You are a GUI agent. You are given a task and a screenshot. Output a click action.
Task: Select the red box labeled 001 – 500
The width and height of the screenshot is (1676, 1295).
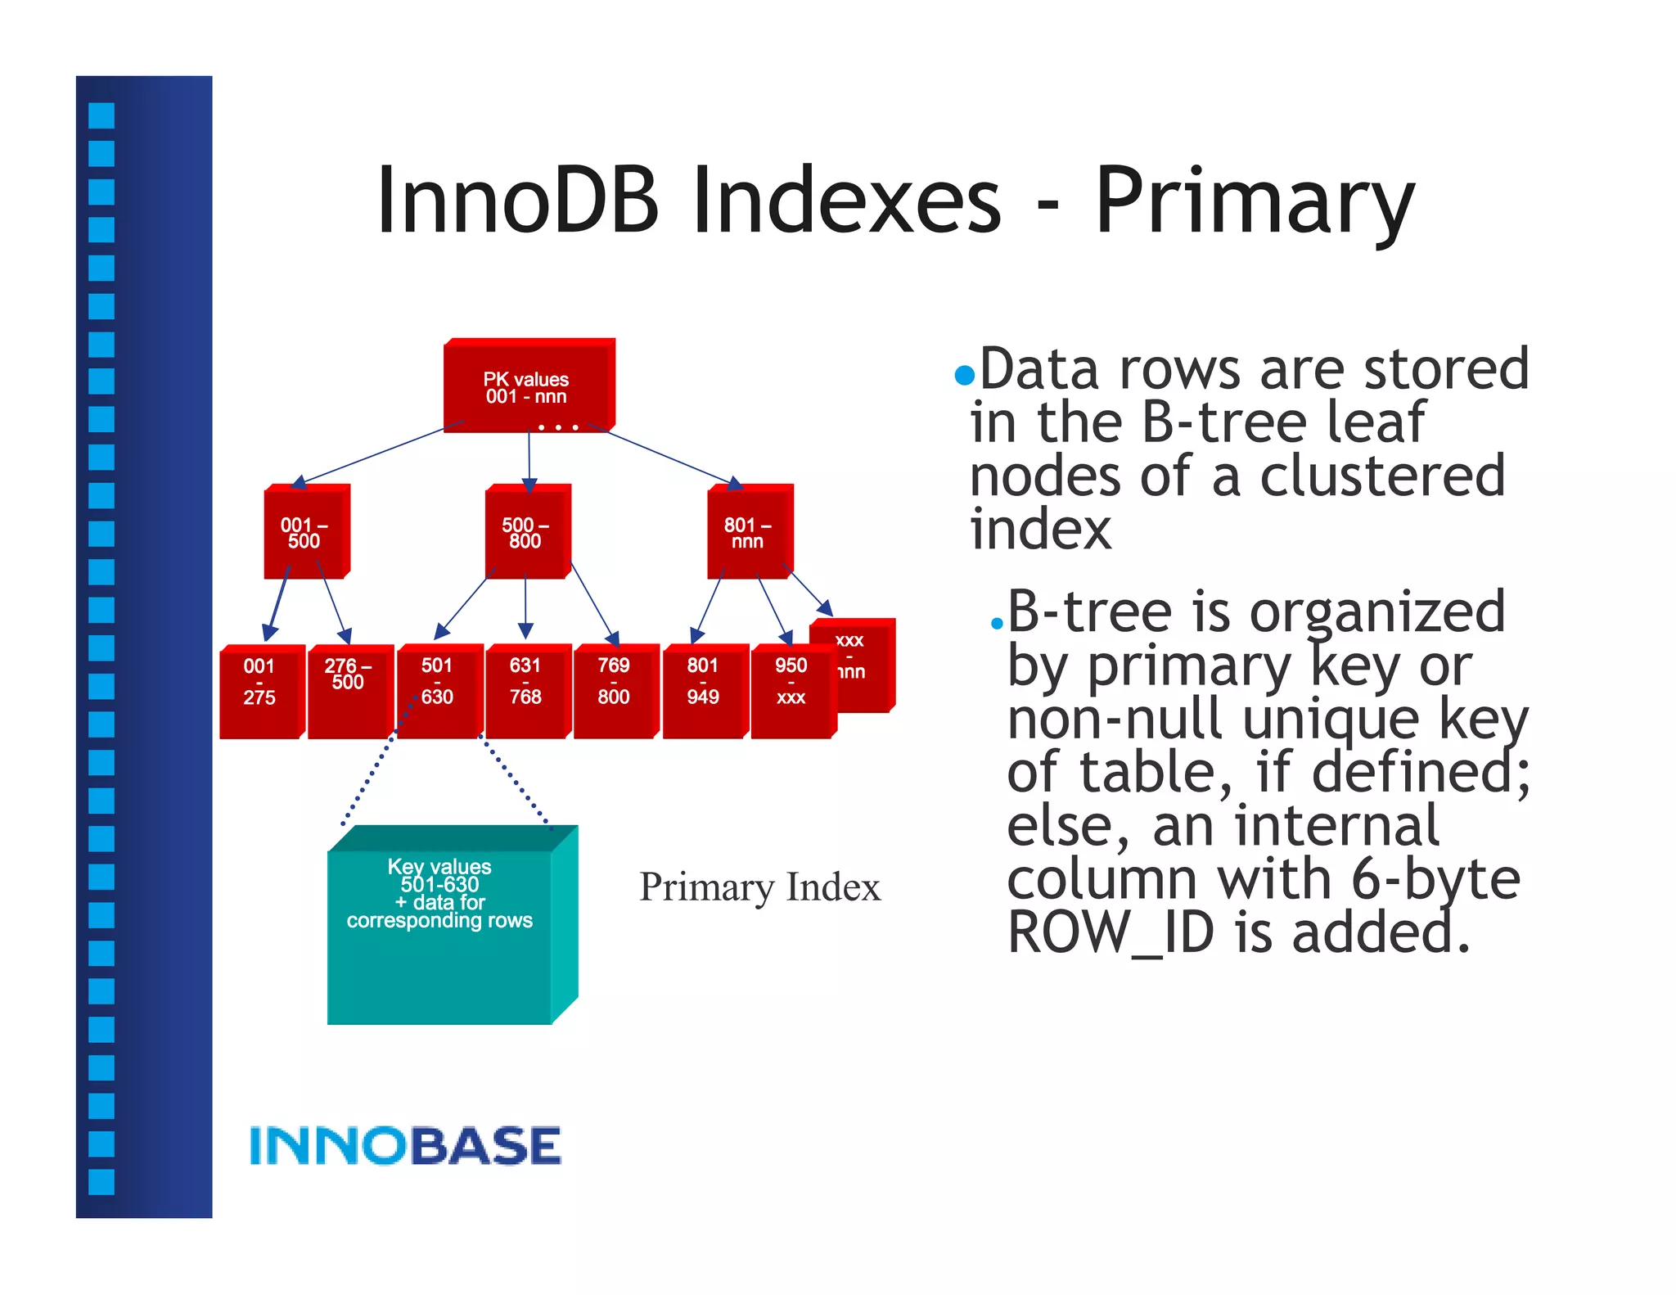coord(304,533)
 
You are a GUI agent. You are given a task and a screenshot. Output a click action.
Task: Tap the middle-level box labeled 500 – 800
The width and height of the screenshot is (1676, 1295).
coord(526,533)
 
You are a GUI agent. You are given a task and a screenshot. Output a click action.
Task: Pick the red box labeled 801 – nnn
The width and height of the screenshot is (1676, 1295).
coord(748,533)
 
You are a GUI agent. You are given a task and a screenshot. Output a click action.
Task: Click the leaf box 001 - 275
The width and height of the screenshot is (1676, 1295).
coord(259,691)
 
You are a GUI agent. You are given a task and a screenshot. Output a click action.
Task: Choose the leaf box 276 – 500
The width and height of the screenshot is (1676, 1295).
coord(348,691)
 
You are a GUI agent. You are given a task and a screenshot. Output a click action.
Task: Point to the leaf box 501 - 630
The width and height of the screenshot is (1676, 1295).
coord(437,691)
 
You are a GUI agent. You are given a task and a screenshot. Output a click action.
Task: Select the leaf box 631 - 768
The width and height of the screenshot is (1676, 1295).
coord(525,691)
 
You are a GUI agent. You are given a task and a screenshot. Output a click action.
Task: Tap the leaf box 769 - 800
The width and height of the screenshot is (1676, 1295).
coord(614,691)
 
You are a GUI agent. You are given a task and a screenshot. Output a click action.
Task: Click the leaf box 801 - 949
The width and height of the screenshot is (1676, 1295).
coord(703,691)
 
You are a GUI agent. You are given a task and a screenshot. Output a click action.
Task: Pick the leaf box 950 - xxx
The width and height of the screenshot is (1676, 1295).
coord(791,691)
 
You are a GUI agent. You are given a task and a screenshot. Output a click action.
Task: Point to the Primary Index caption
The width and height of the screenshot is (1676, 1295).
coord(759,887)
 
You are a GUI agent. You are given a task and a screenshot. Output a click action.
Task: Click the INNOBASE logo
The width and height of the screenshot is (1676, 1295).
coord(405,1145)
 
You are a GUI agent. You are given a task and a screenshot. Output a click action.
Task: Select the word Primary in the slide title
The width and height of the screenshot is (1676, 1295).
coord(1254,201)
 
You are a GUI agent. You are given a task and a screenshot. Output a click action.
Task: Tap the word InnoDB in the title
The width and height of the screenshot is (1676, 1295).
coord(517,201)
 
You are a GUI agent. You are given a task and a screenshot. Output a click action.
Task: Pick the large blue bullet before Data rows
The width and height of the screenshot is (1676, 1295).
coord(965,375)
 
